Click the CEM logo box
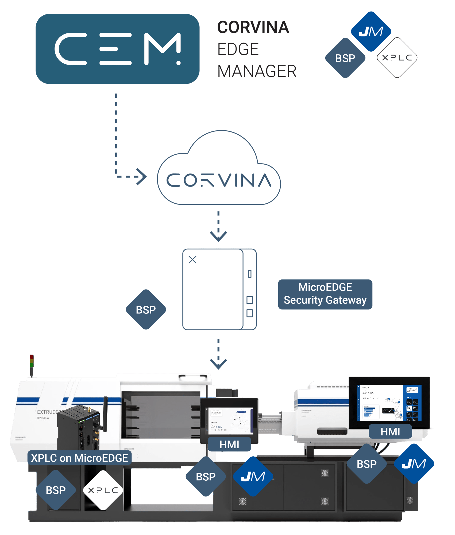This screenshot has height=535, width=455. tap(118, 49)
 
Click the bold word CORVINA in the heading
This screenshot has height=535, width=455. tap(253, 27)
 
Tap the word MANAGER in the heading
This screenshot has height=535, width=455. tap(257, 71)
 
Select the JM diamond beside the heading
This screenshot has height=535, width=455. tap(371, 32)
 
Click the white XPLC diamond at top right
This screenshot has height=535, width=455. tap(397, 58)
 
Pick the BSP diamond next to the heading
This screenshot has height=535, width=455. tap(345, 58)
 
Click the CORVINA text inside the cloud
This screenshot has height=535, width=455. tap(219, 180)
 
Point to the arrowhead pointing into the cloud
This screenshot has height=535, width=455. tap(142, 177)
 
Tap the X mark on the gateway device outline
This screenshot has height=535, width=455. tap(192, 259)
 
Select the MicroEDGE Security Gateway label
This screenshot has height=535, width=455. tap(325, 294)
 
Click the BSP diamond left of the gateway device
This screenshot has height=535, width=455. tap(146, 310)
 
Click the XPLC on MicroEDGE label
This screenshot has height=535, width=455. tap(79, 458)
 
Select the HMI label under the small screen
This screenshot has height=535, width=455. tap(229, 444)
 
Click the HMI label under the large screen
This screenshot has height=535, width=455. tap(390, 431)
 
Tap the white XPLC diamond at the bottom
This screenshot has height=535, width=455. tap(103, 490)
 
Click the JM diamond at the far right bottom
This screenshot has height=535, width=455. tap(414, 464)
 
